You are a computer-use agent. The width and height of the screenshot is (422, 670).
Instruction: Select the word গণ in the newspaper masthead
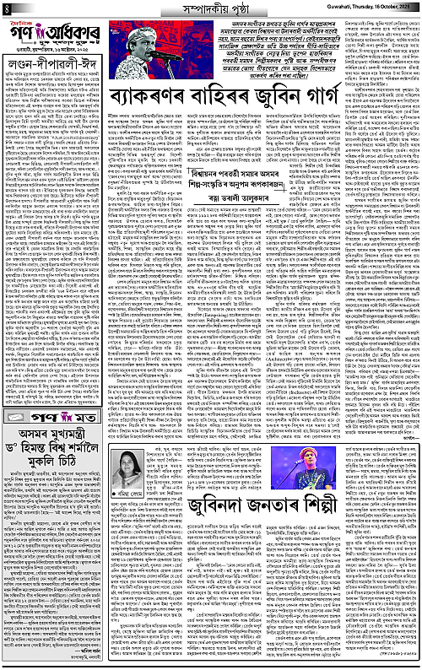click(x=23, y=34)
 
